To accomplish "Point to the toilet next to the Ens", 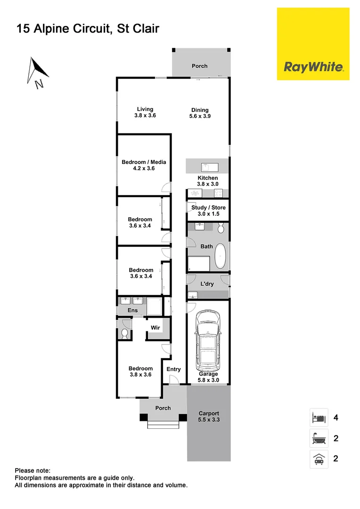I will point(124,333).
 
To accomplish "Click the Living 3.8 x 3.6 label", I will point(145,112).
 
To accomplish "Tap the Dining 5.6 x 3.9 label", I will point(200,113).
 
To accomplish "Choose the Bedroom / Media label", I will point(144,165).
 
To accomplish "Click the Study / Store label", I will point(208,210).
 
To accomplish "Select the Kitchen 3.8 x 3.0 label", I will point(207,181).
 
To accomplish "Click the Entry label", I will point(173,369).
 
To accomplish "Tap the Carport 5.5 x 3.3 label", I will point(208,416).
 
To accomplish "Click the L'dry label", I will point(207,284).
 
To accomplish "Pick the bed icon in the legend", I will point(318,417).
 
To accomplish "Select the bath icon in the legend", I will point(318,438).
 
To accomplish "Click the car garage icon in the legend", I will point(318,459).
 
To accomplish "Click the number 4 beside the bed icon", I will point(335,418).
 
